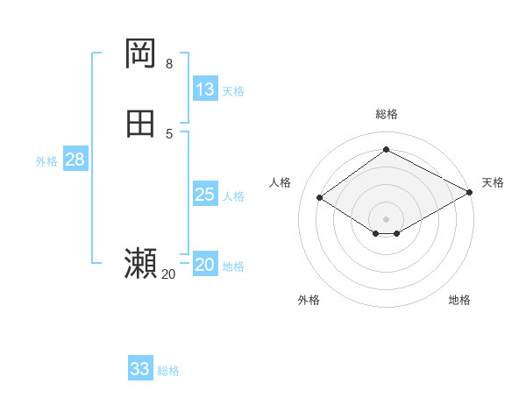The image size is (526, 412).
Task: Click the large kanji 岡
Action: coord(140,54)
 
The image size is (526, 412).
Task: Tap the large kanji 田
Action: coord(140,124)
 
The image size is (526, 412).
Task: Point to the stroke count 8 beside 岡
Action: coord(168,64)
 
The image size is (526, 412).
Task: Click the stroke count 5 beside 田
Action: coord(168,133)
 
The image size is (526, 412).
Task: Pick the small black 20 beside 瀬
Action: coord(168,274)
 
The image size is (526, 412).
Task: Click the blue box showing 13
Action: coord(205,89)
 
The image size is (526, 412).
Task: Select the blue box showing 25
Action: coord(205,195)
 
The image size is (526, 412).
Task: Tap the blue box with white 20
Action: coord(205,265)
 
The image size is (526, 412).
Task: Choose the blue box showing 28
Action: coord(75,160)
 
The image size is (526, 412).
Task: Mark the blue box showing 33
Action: coord(140,369)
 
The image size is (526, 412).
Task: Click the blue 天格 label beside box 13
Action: coord(233,91)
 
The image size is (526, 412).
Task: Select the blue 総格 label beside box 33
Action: coord(168,371)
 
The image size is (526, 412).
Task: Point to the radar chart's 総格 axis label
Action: coord(386,114)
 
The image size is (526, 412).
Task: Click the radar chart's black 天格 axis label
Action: coord(493,182)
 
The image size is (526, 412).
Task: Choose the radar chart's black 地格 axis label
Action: coord(459,300)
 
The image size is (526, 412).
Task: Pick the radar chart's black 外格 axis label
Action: coord(309,300)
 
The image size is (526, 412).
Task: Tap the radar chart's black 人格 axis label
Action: coord(281,182)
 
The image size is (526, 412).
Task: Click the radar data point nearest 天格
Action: coord(470,193)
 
